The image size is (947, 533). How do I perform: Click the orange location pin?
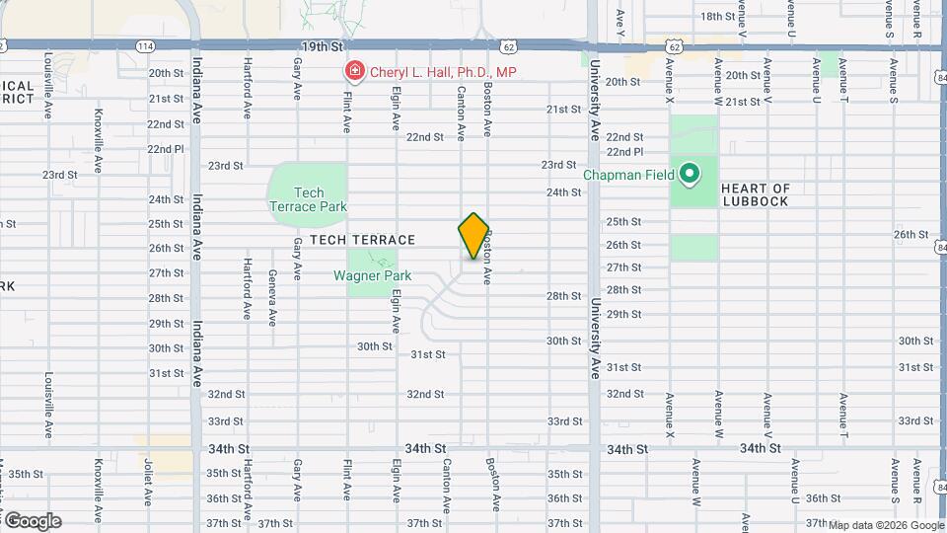[473, 236]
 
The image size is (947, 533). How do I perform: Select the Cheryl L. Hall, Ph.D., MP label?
[443, 72]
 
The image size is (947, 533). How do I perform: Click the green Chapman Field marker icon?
[691, 176]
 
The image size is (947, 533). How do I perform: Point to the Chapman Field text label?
[628, 176]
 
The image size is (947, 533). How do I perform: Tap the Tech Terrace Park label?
[308, 199]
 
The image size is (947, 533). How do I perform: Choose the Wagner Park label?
[372, 276]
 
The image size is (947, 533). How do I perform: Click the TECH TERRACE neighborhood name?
[362, 240]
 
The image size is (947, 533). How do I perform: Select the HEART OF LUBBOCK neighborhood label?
[756, 194]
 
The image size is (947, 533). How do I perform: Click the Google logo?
[32, 521]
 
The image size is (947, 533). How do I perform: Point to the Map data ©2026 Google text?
[885, 525]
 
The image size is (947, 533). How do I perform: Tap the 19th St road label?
[322, 46]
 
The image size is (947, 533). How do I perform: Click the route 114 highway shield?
[145, 46]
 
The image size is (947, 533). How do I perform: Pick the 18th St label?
[745, 17]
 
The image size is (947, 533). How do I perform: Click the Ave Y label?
[620, 17]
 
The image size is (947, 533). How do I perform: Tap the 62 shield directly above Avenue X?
[674, 46]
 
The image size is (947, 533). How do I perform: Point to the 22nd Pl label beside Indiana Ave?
[166, 149]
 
